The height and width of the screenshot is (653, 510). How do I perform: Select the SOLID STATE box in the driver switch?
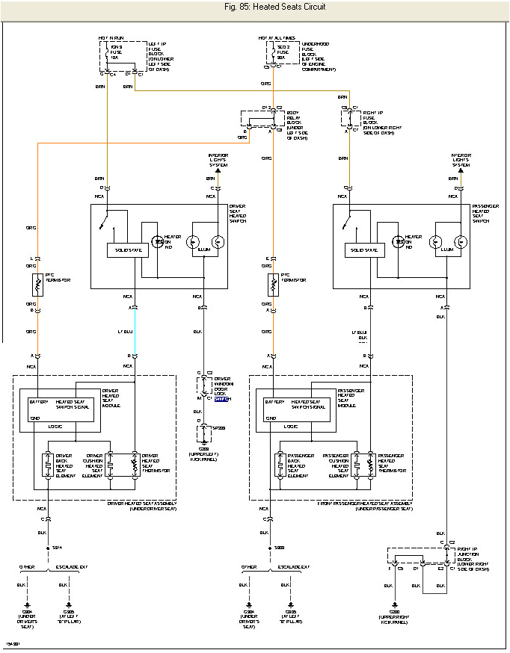point(127,250)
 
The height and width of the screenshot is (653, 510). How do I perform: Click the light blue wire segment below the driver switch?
point(135,332)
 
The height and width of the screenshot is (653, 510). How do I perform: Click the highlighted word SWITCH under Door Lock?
point(222,400)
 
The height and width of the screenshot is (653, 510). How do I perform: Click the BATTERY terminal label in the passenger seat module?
point(275,402)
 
